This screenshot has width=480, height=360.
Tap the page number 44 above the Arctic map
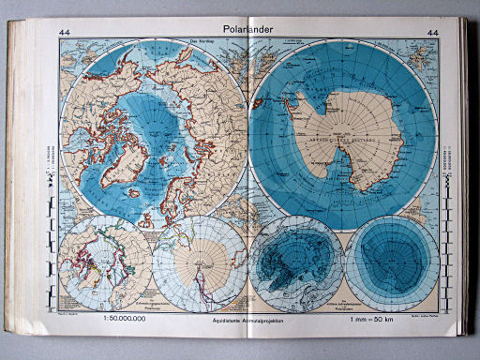[x=66, y=34]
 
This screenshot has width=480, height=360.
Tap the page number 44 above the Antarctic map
[x=432, y=35]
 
